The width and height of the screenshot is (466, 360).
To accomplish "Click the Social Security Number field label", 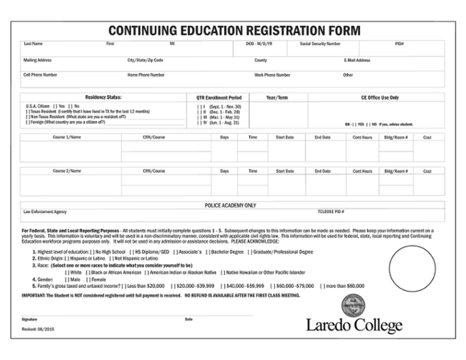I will click(x=321, y=44).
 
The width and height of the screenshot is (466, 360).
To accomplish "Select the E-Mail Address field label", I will click(x=357, y=60).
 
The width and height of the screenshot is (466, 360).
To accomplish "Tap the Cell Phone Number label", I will click(x=40, y=75).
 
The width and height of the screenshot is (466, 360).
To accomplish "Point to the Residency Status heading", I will click(x=104, y=96).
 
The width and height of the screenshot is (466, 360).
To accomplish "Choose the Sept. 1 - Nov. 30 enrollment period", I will click(x=198, y=106).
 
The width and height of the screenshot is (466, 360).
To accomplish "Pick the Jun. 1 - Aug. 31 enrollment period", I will click(x=198, y=122).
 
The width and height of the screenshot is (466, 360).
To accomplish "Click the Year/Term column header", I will click(x=277, y=96).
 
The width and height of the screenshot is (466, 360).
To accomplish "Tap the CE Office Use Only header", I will click(x=380, y=96).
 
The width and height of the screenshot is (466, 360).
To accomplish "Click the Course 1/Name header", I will click(x=67, y=137).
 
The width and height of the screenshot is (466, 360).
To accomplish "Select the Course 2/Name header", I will click(x=67, y=171).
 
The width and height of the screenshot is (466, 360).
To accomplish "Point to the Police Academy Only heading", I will click(x=230, y=205).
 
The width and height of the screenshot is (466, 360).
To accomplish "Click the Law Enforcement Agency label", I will click(x=45, y=212).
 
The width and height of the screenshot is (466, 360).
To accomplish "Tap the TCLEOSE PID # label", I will click(x=331, y=212).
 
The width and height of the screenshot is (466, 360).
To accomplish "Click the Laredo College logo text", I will click(x=354, y=325).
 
